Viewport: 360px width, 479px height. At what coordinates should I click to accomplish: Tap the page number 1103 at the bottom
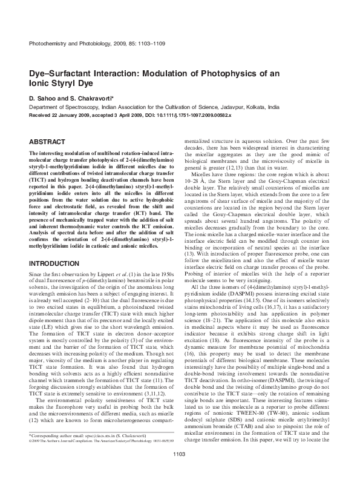179,471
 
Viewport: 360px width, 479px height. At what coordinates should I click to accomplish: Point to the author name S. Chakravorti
83,97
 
